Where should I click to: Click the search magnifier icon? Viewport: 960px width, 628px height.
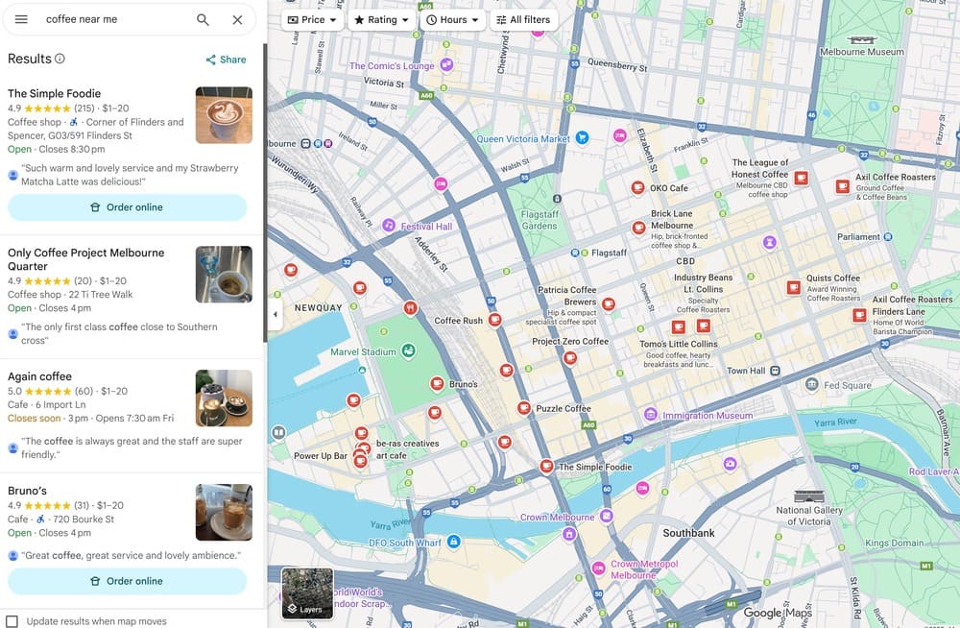point(203,19)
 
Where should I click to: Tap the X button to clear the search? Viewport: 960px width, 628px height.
point(237,19)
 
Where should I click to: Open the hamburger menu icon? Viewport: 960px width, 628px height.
point(21,19)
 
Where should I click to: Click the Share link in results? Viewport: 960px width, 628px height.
point(226,60)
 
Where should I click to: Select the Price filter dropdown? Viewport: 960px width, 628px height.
point(313,19)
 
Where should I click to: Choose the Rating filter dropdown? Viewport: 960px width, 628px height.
point(381,19)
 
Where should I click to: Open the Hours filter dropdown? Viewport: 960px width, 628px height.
point(452,19)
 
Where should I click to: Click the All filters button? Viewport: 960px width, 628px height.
point(523,19)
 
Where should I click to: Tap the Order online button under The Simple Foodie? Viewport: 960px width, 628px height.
point(127,207)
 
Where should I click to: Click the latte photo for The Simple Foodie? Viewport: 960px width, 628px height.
point(224,115)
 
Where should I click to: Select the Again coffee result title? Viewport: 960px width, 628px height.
point(39,376)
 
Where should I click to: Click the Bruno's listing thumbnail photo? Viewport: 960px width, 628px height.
point(224,512)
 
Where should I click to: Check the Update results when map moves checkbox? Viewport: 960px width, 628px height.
point(12,621)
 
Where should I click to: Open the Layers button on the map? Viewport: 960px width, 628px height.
point(307,592)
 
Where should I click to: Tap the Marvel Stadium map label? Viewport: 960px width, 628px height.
point(363,352)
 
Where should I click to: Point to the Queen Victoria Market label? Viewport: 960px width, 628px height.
point(523,139)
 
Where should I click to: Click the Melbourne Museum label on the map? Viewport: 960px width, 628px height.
point(862,52)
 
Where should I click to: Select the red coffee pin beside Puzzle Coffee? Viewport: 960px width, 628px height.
point(524,408)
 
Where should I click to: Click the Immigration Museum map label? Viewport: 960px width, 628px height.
point(708,416)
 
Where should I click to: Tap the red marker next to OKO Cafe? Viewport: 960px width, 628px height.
point(637,187)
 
